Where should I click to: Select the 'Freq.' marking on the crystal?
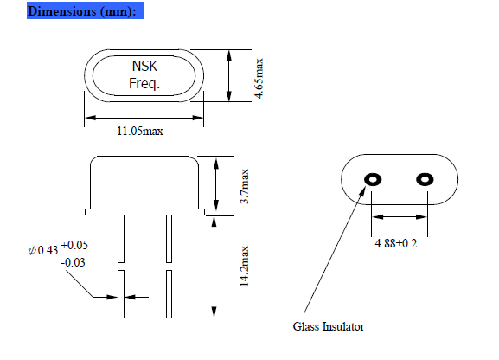pyautogui.click(x=144, y=84)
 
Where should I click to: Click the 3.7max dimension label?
pyautogui.click(x=245, y=185)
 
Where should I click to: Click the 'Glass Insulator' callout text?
pyautogui.click(x=328, y=326)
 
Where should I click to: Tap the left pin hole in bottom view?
pyautogui.click(x=373, y=180)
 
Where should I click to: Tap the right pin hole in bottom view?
pyautogui.click(x=424, y=180)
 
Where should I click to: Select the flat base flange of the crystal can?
pyautogui.click(x=144, y=211)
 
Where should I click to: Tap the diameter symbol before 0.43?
pyautogui.click(x=32, y=252)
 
